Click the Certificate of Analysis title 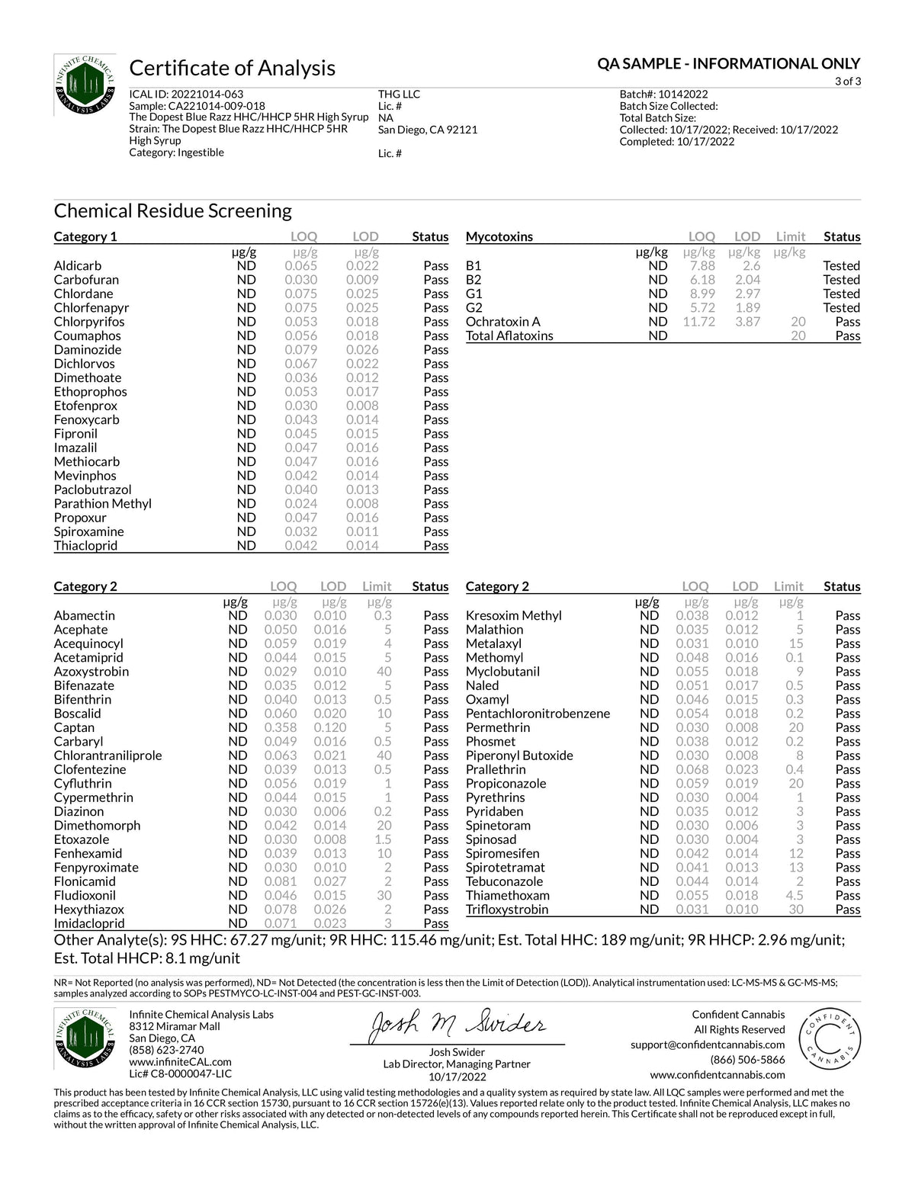point(232,68)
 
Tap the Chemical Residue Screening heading point(172,210)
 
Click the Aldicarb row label point(78,265)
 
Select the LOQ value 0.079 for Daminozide point(301,349)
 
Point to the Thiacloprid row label point(85,545)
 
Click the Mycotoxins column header point(499,236)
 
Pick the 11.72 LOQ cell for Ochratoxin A point(698,322)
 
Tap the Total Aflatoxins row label point(509,335)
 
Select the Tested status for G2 point(841,307)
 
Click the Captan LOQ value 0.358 point(281,727)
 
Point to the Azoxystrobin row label point(91,671)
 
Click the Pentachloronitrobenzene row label point(538,713)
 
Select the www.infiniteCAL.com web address point(180,1061)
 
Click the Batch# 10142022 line point(663,95)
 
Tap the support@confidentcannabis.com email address point(708,1044)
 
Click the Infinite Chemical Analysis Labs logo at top point(85,85)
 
